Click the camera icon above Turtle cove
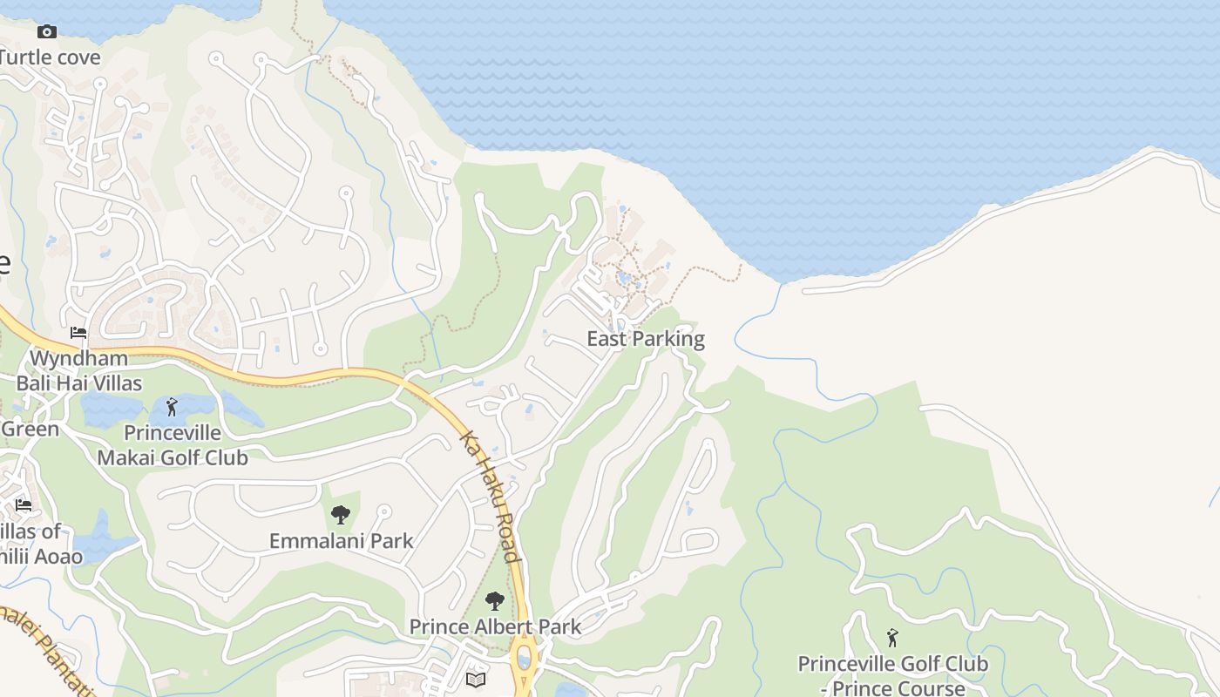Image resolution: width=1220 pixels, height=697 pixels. [47, 32]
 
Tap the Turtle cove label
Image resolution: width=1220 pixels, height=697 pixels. [50, 58]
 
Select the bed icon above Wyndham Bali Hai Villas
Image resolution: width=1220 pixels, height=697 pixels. [78, 333]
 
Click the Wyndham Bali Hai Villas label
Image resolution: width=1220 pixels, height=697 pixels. [78, 370]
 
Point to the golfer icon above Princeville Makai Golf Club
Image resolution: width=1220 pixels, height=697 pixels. [172, 407]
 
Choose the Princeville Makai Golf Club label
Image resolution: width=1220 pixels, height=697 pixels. [173, 445]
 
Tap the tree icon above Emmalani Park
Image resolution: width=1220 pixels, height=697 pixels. [341, 514]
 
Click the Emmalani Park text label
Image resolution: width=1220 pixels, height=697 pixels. [342, 540]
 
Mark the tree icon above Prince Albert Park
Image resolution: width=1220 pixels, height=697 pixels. [494, 600]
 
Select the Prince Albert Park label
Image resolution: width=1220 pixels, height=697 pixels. [495, 626]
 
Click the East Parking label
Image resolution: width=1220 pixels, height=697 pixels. [646, 339]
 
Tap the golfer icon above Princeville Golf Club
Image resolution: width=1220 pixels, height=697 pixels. [892, 639]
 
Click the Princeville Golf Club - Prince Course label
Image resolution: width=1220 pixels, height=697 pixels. [893, 676]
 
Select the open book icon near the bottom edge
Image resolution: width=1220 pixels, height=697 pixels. [476, 680]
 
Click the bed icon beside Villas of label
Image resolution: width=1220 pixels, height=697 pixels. [24, 505]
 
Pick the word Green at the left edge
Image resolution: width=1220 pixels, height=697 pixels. [30, 429]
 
